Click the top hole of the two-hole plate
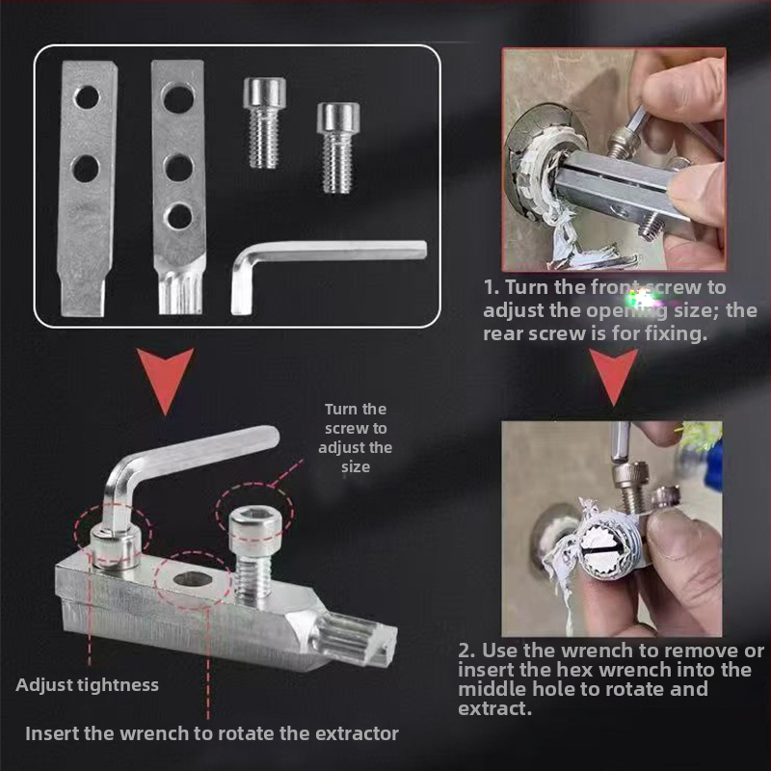pyautogui.click(x=87, y=97)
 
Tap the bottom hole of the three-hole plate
pyautogui.click(x=178, y=217)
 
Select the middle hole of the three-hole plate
pyautogui.click(x=178, y=168)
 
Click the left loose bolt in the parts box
pyautogui.click(x=264, y=123)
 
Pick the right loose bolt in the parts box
pyautogui.click(x=338, y=147)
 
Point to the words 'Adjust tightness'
pyautogui.click(x=87, y=685)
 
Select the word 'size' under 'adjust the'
pyautogui.click(x=356, y=467)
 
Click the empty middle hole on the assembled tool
pyautogui.click(x=194, y=580)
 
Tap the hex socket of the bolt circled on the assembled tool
pyautogui.click(x=250, y=518)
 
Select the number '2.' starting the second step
pyautogui.click(x=466, y=651)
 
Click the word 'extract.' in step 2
pyautogui.click(x=495, y=708)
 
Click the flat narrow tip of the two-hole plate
pyautogui.click(x=83, y=295)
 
